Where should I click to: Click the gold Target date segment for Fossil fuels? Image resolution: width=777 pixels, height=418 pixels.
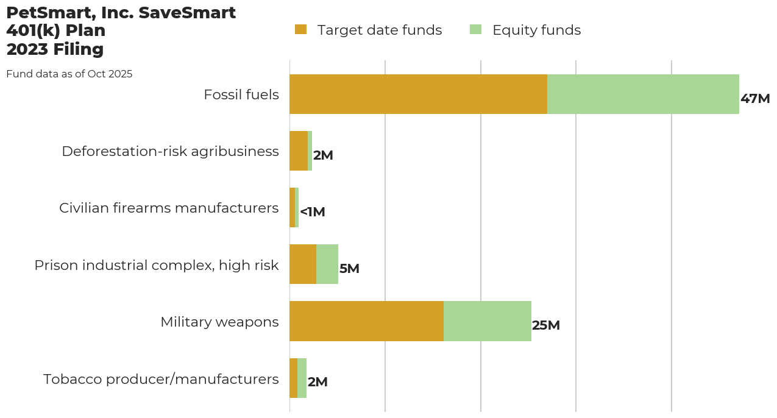[418, 94]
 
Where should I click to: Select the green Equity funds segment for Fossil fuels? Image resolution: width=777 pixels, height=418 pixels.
[643, 94]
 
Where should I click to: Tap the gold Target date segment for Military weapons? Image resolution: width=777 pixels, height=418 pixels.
[366, 321]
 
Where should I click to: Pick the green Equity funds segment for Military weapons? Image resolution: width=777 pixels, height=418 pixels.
[488, 321]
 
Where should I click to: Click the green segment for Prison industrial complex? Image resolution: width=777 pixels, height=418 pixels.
[327, 264]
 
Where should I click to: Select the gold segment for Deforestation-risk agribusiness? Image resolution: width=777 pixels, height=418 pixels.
[299, 151]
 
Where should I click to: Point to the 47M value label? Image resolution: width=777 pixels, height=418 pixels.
[755, 99]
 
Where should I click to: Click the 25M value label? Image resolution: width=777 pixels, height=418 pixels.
[545, 325]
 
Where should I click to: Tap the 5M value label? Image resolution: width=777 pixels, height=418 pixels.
[349, 269]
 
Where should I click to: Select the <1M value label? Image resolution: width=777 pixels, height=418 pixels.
[313, 212]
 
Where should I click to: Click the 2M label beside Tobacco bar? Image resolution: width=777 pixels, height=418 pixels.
[318, 382]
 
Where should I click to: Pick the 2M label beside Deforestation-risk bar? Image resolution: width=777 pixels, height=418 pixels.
[323, 155]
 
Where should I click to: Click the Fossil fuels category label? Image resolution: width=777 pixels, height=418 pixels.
[241, 95]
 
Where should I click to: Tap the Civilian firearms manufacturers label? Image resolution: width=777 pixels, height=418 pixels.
[169, 208]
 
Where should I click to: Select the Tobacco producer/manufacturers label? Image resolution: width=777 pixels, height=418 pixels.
[161, 379]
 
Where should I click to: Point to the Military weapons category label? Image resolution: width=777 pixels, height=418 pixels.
[219, 322]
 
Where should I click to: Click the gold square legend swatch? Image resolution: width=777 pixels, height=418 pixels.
[300, 29]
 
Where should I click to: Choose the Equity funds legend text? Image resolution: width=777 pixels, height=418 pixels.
[536, 30]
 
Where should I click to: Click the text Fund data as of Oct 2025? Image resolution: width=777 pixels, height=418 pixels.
[69, 74]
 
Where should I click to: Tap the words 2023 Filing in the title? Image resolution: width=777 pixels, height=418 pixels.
[55, 49]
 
